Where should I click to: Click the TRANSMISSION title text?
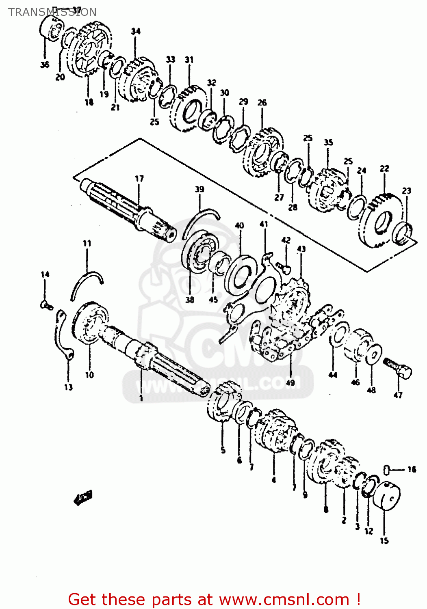pyautogui.click(x=52, y=12)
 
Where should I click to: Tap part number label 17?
pyautogui.click(x=139, y=179)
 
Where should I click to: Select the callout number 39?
pyautogui.click(x=199, y=190)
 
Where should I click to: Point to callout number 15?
pyautogui.click(x=384, y=541)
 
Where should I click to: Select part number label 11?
pyautogui.click(x=87, y=244)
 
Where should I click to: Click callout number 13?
pyautogui.click(x=68, y=387)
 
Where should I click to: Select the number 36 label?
pyautogui.click(x=45, y=65)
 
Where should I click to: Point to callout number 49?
pyautogui.click(x=290, y=382)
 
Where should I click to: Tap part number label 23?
pyautogui.click(x=406, y=191)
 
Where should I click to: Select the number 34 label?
pyautogui.click(x=136, y=31)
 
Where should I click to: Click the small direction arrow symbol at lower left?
pyautogui.click(x=83, y=497)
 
